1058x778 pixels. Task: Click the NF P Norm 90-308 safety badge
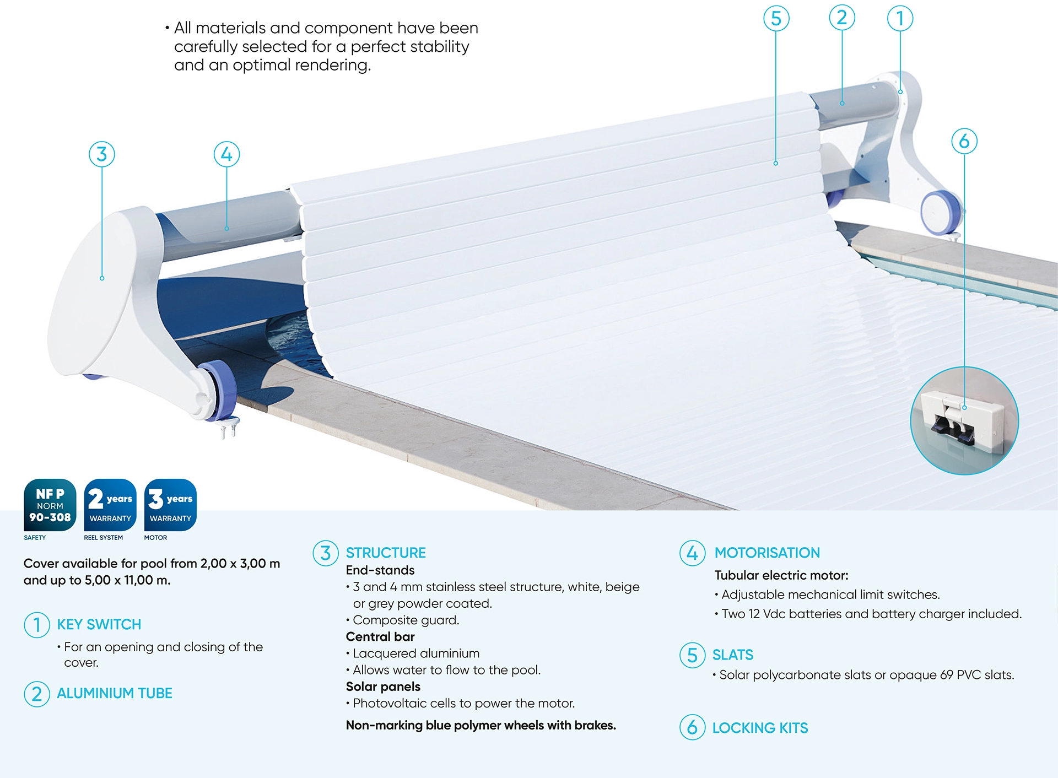click(x=50, y=505)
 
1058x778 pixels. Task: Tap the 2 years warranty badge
click(x=110, y=505)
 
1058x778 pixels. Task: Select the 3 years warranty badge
click(x=170, y=505)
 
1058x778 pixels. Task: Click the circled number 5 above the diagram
click(x=776, y=18)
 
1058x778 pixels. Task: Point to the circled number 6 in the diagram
click(x=964, y=141)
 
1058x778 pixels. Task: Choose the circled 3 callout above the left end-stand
click(x=102, y=154)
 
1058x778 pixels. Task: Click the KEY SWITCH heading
click(x=99, y=624)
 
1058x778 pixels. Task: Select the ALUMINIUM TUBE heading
click(x=115, y=693)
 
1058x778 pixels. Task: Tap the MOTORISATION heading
click(x=767, y=553)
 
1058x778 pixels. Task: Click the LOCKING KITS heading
click(x=760, y=728)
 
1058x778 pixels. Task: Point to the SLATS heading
click(x=732, y=655)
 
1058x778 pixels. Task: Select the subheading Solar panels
click(x=383, y=687)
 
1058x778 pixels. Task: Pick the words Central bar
click(x=380, y=636)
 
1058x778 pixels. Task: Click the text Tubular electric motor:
click(x=781, y=575)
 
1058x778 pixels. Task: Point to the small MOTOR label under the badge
click(x=155, y=538)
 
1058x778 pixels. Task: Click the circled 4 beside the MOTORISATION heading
click(x=693, y=553)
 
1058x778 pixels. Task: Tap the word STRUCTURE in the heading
click(x=386, y=553)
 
